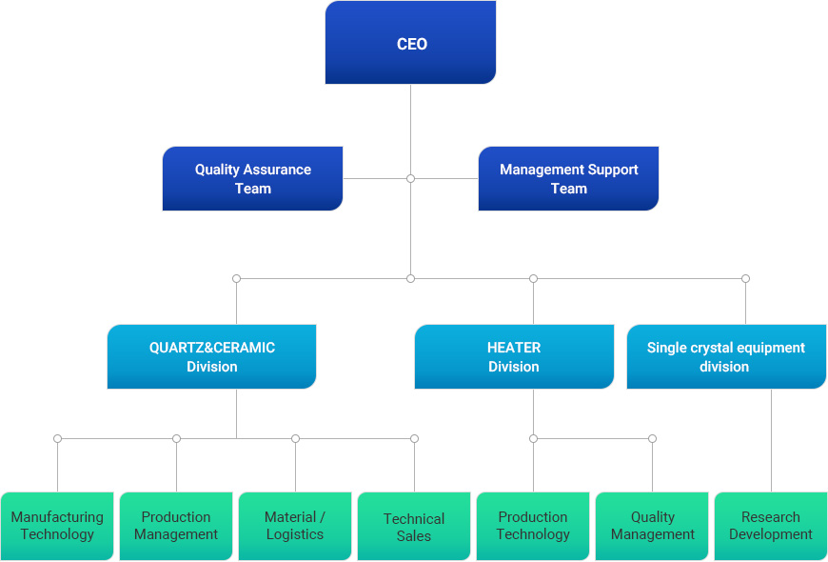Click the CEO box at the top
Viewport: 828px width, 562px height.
pyautogui.click(x=410, y=43)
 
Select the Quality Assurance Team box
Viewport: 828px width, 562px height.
pyautogui.click(x=252, y=178)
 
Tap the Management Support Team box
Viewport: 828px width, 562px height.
pyautogui.click(x=568, y=178)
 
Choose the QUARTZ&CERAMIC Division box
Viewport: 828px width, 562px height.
pyautogui.click(x=211, y=356)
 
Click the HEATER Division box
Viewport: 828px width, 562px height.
pyautogui.click(x=514, y=356)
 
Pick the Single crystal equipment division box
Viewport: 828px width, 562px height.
pyautogui.click(x=725, y=356)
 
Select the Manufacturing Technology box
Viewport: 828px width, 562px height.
pyautogui.click(x=57, y=526)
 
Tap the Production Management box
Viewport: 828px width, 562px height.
pyautogui.click(x=176, y=526)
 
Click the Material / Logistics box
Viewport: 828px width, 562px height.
pyautogui.click(x=295, y=526)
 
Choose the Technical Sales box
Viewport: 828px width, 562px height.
pyautogui.click(x=414, y=526)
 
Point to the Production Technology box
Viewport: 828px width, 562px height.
pyautogui.click(x=533, y=526)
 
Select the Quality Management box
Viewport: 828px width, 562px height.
pyautogui.click(x=652, y=526)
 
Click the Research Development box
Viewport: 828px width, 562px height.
pyautogui.click(x=771, y=526)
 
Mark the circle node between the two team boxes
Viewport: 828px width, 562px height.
pyautogui.click(x=410, y=178)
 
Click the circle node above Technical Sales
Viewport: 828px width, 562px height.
pyautogui.click(x=414, y=438)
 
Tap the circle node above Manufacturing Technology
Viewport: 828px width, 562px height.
pyautogui.click(x=57, y=438)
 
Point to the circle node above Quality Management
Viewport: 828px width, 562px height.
pyautogui.click(x=652, y=438)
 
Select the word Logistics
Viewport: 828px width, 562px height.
pyautogui.click(x=295, y=534)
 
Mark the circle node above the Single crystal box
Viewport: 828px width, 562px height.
pyautogui.click(x=745, y=278)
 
